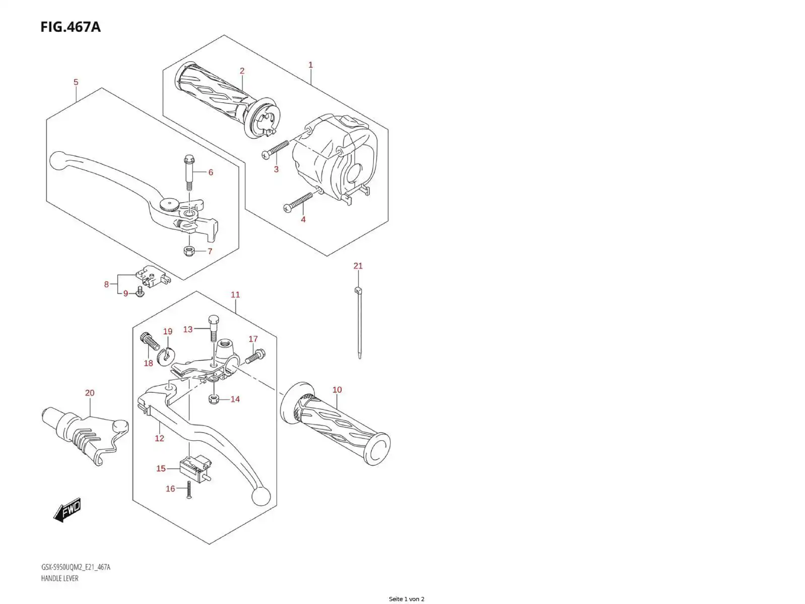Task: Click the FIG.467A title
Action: click(x=71, y=27)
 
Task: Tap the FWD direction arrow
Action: click(x=67, y=510)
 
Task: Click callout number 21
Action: click(x=358, y=266)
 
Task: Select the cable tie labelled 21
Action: click(x=359, y=323)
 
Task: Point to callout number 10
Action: click(x=337, y=390)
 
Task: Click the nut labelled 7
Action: click(x=189, y=251)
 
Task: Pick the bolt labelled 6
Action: click(x=189, y=172)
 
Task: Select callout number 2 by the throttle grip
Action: click(x=242, y=71)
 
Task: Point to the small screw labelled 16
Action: click(x=189, y=490)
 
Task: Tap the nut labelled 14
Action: click(x=213, y=399)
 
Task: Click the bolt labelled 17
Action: click(x=255, y=356)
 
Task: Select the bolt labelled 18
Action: click(x=150, y=341)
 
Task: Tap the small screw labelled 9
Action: click(x=141, y=292)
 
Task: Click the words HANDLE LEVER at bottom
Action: click(x=59, y=578)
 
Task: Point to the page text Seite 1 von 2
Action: click(x=406, y=599)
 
